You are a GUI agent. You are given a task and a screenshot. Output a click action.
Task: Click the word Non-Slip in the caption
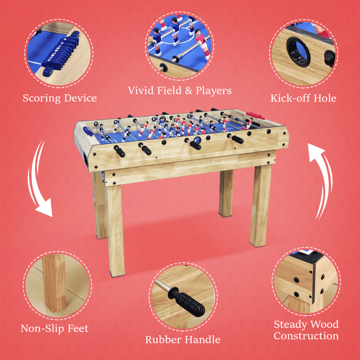click(x=42, y=328)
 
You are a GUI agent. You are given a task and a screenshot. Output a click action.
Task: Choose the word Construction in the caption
click(x=306, y=336)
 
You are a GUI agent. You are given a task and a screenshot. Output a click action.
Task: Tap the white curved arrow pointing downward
click(x=39, y=180)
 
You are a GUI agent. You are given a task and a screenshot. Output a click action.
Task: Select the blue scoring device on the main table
click(x=87, y=131)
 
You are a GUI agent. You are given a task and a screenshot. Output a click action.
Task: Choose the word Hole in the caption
click(x=325, y=98)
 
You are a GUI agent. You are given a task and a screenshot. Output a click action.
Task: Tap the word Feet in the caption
click(x=78, y=328)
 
